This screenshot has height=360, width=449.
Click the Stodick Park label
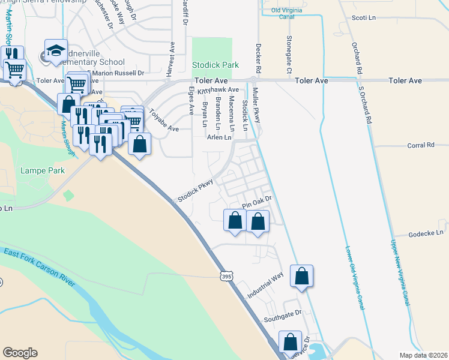pyautogui.click(x=215, y=65)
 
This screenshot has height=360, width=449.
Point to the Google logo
pyautogui.click(x=20, y=353)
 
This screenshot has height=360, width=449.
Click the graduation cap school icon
pyautogui.click(x=56, y=50)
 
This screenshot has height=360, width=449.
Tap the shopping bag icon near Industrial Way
pyautogui.click(x=302, y=277)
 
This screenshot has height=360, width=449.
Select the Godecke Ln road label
pyautogui.click(x=427, y=232)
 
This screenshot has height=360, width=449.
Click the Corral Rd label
pyautogui.click(x=420, y=145)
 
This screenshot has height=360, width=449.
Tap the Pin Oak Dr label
pyautogui.click(x=258, y=202)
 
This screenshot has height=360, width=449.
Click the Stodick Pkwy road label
pyautogui.click(x=194, y=190)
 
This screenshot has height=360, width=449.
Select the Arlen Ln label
pyautogui.click(x=219, y=137)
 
